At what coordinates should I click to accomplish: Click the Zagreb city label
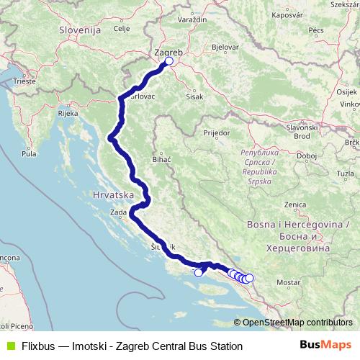(169, 52)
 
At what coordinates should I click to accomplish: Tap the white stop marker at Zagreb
(169, 61)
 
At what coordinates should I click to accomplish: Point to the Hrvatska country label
(114, 195)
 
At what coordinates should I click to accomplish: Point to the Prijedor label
(216, 133)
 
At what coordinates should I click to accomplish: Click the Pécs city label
(317, 30)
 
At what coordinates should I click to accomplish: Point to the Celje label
(121, 29)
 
